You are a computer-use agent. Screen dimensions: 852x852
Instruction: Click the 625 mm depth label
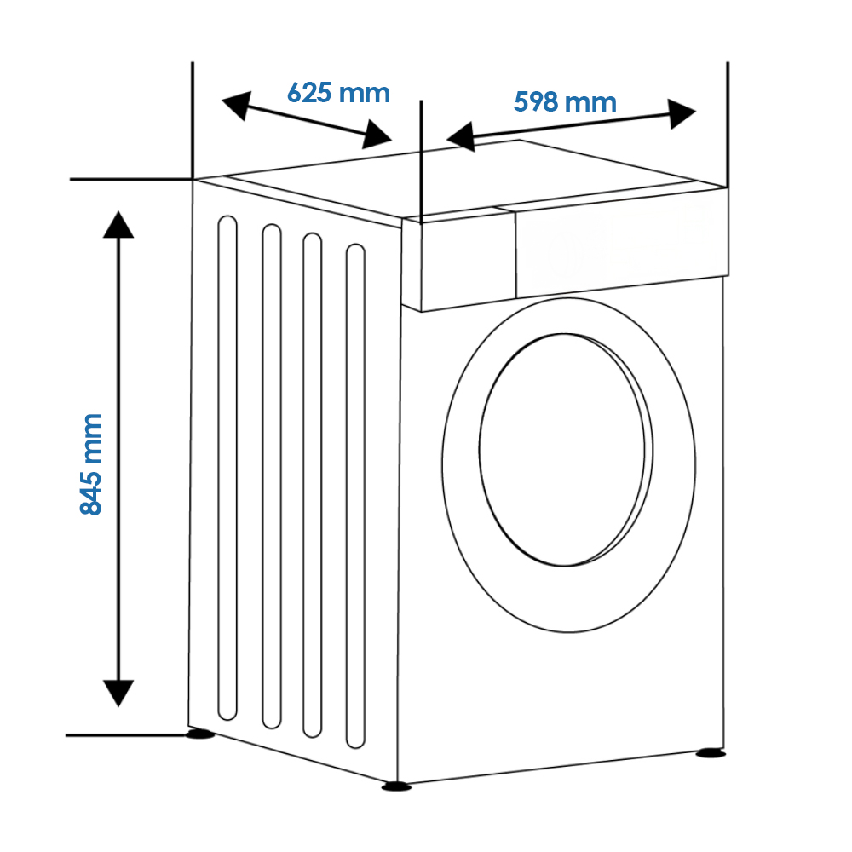click(x=338, y=93)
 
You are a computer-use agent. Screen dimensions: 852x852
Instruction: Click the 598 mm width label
click(x=565, y=102)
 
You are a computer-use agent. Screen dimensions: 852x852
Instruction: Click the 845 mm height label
click(x=91, y=464)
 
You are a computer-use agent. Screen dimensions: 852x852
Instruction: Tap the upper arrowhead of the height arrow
click(x=118, y=224)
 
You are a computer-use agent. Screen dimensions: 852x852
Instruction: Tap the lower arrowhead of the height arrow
click(x=118, y=694)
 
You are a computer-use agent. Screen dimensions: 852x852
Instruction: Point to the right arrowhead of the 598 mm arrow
click(x=682, y=114)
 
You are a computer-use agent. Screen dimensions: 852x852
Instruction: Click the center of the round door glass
click(x=565, y=450)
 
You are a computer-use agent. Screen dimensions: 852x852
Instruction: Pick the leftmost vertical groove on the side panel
click(x=227, y=468)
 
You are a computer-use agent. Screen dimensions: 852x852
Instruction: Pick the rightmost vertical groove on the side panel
click(x=355, y=496)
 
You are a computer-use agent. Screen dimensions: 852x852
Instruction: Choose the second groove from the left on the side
click(x=272, y=476)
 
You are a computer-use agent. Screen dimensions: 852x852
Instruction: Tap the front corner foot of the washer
click(x=397, y=786)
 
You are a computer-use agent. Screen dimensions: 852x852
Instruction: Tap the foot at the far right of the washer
click(x=711, y=753)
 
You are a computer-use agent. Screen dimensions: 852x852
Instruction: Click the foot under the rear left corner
click(x=199, y=734)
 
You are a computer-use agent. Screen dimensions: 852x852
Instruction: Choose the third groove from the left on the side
click(x=313, y=486)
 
